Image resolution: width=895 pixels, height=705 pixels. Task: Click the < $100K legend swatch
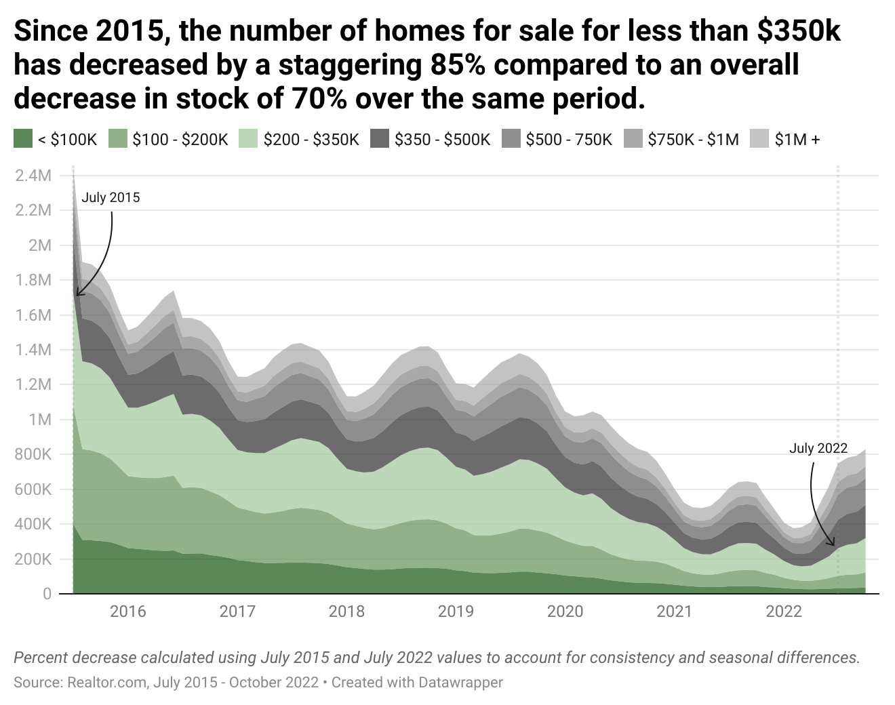[x=22, y=140]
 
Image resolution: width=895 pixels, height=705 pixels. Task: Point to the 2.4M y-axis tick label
[x=33, y=176]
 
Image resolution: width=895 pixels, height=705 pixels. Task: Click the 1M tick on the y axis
[x=39, y=420]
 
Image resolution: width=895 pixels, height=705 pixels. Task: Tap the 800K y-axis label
[x=33, y=454]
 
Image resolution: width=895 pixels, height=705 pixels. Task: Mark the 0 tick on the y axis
[x=47, y=594]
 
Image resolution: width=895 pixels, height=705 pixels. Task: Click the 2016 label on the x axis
[x=127, y=611]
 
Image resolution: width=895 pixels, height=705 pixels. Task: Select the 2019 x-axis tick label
[x=456, y=611]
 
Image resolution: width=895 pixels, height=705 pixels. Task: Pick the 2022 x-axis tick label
[x=784, y=611]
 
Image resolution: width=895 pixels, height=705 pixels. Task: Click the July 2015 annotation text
[x=111, y=198]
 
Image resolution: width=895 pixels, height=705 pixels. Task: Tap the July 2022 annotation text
[x=818, y=448]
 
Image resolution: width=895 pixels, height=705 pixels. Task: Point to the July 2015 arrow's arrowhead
[x=77, y=294]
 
